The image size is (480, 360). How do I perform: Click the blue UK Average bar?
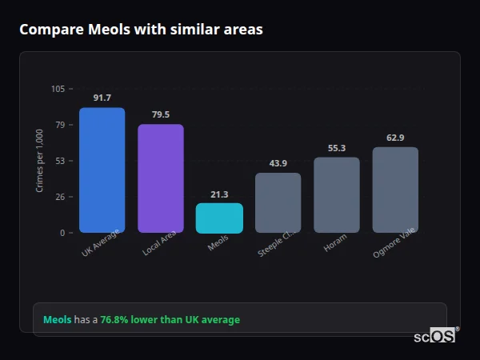tap(102, 170)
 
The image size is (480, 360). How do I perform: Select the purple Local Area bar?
tap(161, 178)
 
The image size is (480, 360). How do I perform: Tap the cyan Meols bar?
tap(219, 218)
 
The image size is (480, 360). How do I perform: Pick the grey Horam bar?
tap(336, 194)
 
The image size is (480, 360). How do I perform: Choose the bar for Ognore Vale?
tap(395, 190)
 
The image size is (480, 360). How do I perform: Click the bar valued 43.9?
tap(278, 202)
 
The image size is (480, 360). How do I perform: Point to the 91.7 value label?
tap(102, 98)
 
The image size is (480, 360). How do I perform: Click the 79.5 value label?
tap(161, 114)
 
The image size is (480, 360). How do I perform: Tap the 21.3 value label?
tap(219, 194)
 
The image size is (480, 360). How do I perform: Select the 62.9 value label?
tap(395, 138)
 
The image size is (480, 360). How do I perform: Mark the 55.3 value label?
tap(337, 148)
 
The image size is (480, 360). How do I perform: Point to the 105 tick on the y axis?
tap(58, 89)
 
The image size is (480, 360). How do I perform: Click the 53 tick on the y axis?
tap(60, 161)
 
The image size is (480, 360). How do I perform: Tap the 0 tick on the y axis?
tap(62, 233)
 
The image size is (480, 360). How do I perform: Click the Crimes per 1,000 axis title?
tap(39, 161)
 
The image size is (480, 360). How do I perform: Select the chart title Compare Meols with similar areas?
tap(141, 30)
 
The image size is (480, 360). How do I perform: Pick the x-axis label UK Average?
tap(100, 243)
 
